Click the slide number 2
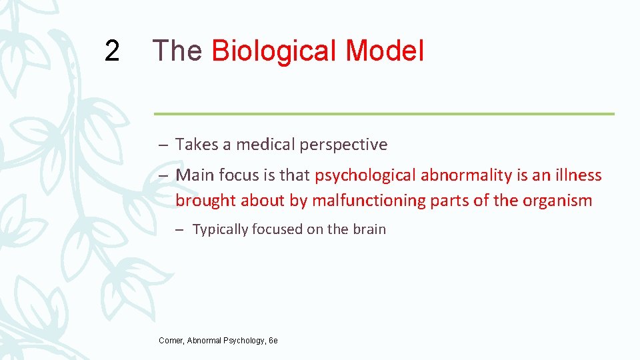click(113, 51)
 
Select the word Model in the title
click(384, 51)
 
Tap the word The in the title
click(177, 51)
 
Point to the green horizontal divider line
click(384, 113)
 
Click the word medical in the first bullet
click(262, 144)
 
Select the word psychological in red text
click(365, 176)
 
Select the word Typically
click(220, 230)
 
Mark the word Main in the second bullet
click(193, 175)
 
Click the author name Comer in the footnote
click(171, 341)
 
